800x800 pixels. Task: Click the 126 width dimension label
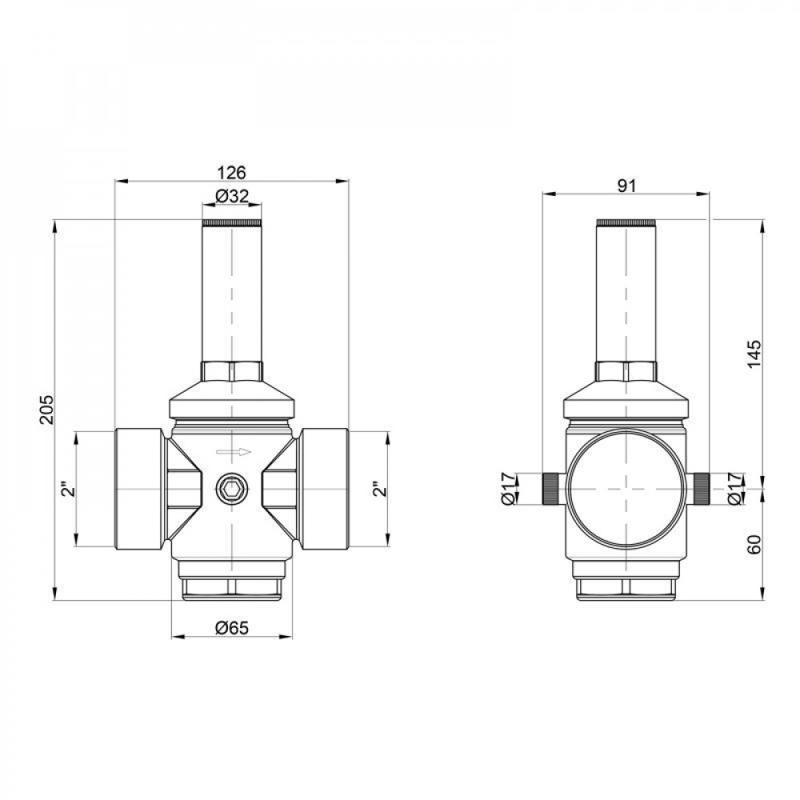pyautogui.click(x=232, y=172)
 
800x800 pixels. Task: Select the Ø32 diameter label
pyautogui.click(x=232, y=196)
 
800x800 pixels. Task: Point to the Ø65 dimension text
pyautogui.click(x=232, y=628)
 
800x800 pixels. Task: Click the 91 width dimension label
pyautogui.click(x=626, y=186)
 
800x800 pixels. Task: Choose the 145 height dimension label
pyautogui.click(x=755, y=352)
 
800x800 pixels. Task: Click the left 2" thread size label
pyautogui.click(x=68, y=489)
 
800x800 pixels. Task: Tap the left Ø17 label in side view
pyautogui.click(x=506, y=489)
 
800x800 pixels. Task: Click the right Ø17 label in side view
pyautogui.click(x=738, y=489)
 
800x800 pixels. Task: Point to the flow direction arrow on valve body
pyautogui.click(x=233, y=452)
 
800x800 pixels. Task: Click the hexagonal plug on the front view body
pyautogui.click(x=232, y=489)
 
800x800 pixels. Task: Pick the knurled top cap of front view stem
pyautogui.click(x=232, y=222)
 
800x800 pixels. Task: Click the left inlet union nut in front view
pyautogui.click(x=139, y=489)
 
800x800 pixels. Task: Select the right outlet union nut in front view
pyautogui.click(x=324, y=489)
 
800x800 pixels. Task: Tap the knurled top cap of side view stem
pyautogui.click(x=626, y=222)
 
